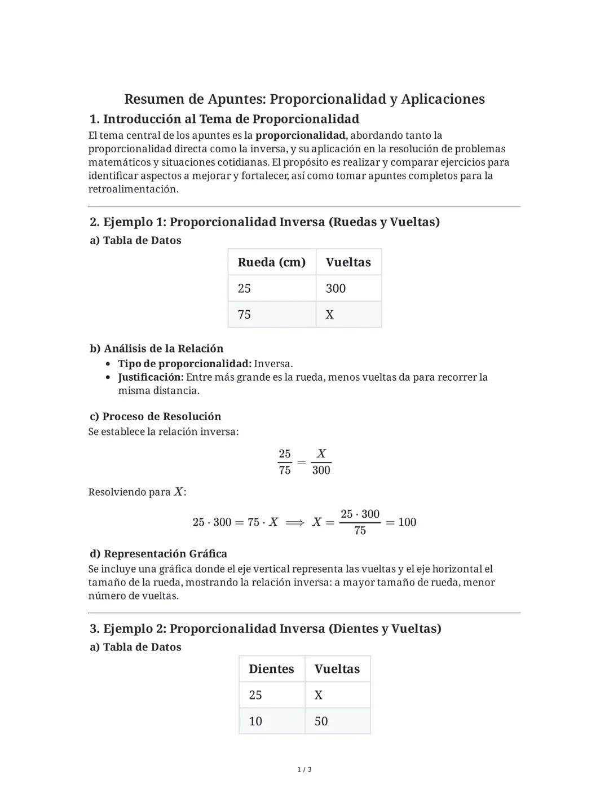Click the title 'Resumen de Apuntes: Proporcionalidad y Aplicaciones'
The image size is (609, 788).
coord(304,99)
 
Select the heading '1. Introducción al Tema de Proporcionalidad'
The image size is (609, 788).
coord(224,119)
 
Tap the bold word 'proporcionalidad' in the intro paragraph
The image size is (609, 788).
coord(300,135)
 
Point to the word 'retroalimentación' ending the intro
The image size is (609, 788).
coord(133,189)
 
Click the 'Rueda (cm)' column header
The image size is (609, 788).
coord(271,262)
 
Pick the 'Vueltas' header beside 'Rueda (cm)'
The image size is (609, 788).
coord(348,262)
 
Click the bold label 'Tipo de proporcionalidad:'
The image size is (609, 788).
coord(184,364)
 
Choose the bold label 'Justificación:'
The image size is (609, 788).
coord(151,377)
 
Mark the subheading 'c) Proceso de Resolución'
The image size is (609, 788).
coord(155,416)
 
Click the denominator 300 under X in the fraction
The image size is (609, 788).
coord(321,470)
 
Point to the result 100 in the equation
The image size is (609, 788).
coord(407,522)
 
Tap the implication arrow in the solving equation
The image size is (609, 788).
coord(295,522)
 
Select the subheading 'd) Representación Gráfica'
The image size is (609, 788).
coord(158,554)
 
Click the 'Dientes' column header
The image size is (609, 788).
coord(271,669)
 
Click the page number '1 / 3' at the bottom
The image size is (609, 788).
coord(304,769)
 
